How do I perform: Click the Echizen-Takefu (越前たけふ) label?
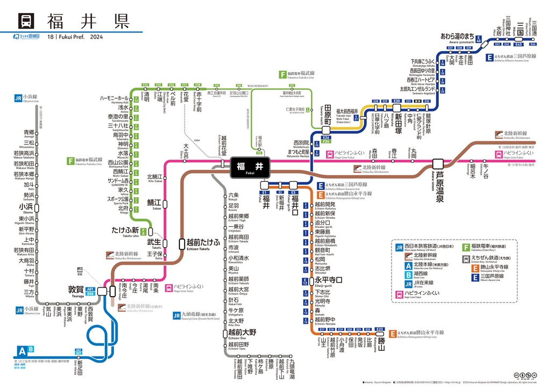[x=203, y=243]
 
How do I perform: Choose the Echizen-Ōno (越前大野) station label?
[x=242, y=333]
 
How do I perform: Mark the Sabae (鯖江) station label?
[x=154, y=202]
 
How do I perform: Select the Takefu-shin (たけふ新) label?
[x=125, y=230]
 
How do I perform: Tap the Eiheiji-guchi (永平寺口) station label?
[x=328, y=280]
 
